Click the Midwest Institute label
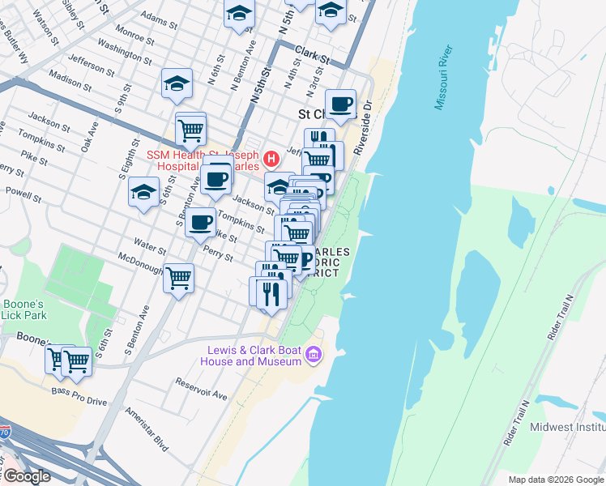[x=567, y=427]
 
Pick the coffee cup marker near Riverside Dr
[x=341, y=104]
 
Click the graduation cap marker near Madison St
[x=177, y=83]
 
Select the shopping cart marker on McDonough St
[x=178, y=278]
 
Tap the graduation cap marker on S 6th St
[x=143, y=192]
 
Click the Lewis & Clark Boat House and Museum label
[x=254, y=356]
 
